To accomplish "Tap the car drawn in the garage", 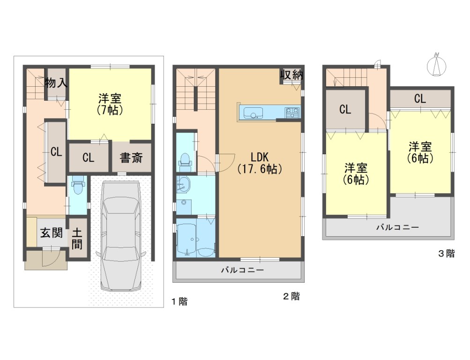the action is click(121, 236).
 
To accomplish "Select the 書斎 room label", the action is click(131, 157).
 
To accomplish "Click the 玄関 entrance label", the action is click(52, 232).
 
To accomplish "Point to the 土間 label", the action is click(77, 239).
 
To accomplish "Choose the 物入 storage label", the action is click(56, 82).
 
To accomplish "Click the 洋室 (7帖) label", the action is click(110, 104).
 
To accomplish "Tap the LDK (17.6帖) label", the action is click(260, 163).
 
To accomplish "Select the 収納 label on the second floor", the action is click(291, 75).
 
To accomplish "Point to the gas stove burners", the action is click(292, 112).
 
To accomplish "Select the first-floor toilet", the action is click(78, 185).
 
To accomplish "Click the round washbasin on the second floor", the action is click(183, 183).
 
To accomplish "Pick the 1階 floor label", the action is click(179, 301).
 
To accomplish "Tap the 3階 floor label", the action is click(446, 254).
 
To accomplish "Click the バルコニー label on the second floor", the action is click(242, 270).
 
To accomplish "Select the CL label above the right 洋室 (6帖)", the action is click(420, 98).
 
